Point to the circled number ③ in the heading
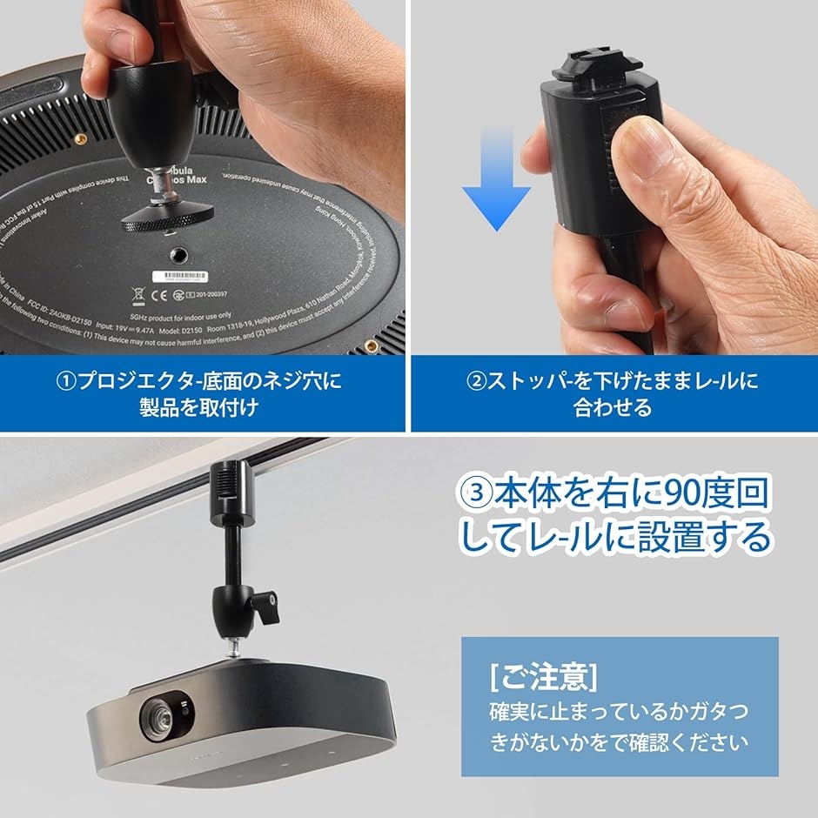(x=476, y=494)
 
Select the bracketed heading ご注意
(x=544, y=674)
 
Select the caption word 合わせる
(x=613, y=407)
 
